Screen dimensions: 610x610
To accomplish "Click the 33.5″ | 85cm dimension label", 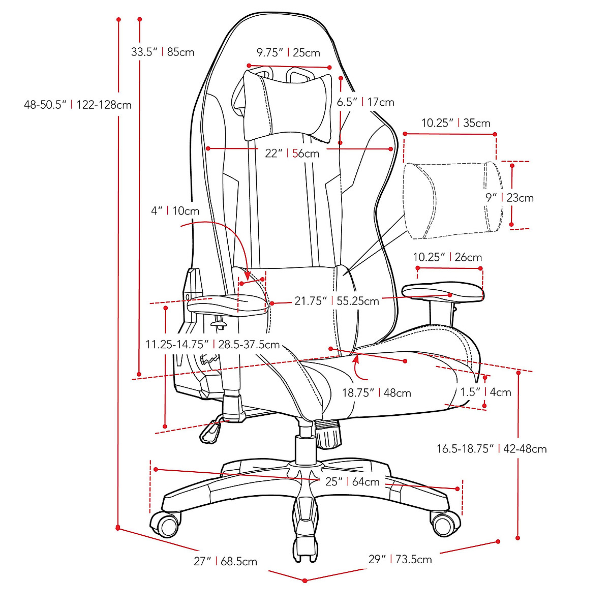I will (x=163, y=52).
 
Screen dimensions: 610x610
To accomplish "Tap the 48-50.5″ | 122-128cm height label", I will (x=78, y=105).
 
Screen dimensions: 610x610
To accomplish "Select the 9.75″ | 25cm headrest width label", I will (x=288, y=52).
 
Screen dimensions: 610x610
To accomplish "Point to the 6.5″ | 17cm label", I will (x=365, y=102).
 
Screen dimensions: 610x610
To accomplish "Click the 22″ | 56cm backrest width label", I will (x=292, y=153).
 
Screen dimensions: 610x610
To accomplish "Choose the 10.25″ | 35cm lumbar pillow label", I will (x=456, y=123).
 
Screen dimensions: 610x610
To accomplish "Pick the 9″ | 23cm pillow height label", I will (x=509, y=198).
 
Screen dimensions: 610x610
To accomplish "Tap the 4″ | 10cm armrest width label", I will (x=175, y=210).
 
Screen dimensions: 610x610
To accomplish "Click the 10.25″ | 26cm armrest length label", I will (x=447, y=257).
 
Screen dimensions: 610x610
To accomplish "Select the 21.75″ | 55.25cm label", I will (x=337, y=301).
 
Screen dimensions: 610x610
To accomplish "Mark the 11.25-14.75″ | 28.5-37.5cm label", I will (x=212, y=345).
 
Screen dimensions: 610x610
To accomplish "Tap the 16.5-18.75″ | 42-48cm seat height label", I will (x=492, y=449).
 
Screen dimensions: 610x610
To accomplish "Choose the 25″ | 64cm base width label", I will (x=352, y=481).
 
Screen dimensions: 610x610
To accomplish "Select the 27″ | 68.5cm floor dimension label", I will (x=225, y=561).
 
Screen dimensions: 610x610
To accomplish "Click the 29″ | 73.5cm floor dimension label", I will (x=400, y=559).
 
